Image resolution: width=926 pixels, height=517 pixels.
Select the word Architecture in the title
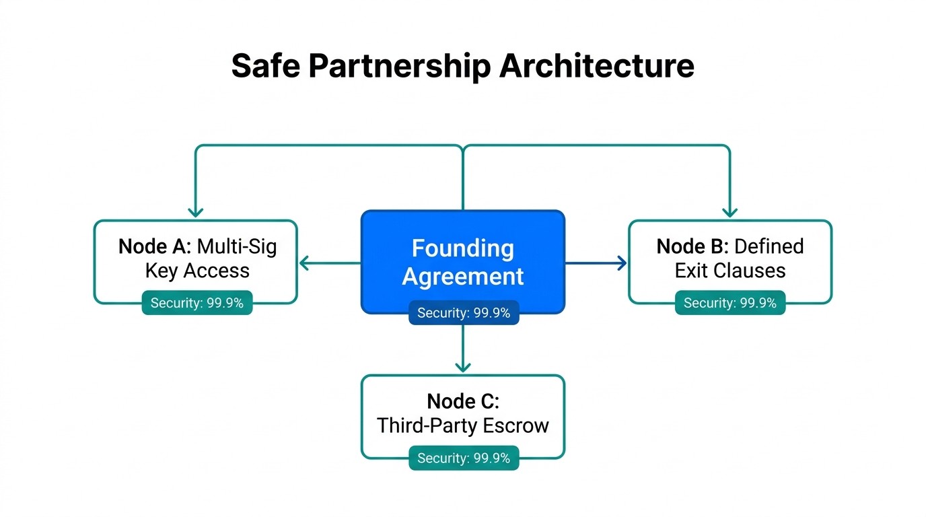598,66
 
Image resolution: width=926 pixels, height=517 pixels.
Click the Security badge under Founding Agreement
464,313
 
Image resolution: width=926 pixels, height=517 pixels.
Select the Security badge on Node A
197,303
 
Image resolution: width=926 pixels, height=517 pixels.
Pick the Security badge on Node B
730,303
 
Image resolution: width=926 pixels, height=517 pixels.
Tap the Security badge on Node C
464,458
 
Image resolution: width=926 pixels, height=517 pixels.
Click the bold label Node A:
155,246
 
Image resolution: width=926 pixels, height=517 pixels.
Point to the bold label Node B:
692,246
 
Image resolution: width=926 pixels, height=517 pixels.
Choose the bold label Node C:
463,402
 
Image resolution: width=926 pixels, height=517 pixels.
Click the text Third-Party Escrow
463,425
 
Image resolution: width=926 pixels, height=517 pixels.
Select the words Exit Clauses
730,271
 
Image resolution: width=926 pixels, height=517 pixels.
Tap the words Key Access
197,271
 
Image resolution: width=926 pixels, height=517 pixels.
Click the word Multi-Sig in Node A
237,246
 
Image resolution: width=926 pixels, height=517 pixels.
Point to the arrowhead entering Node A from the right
303,263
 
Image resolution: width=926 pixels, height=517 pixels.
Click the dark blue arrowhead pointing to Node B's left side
622,263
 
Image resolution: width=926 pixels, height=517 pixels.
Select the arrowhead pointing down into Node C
463,368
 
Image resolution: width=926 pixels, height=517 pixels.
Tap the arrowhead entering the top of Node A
196,213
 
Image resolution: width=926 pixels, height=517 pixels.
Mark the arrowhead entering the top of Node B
729,213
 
